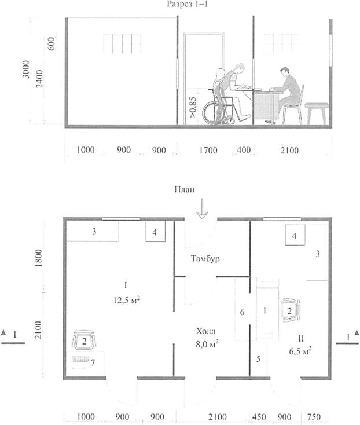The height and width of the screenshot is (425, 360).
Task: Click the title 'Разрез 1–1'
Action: click(x=187, y=4)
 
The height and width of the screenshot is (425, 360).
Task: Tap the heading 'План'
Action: click(x=184, y=189)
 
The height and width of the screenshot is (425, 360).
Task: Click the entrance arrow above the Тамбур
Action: click(x=202, y=208)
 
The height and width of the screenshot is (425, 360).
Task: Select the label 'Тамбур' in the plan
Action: click(x=205, y=258)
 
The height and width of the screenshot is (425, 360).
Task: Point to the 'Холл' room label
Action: click(x=207, y=331)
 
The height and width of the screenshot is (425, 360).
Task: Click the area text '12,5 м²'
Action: click(x=127, y=299)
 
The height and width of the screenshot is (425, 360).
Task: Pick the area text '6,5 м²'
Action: click(x=300, y=351)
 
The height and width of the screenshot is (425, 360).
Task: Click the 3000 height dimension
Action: click(x=26, y=69)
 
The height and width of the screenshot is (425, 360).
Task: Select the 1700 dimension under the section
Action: click(x=208, y=150)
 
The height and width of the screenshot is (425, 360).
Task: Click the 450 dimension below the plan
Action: click(x=259, y=416)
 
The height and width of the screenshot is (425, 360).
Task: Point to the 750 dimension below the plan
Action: click(x=314, y=416)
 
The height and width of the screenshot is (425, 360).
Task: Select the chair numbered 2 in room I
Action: click(x=84, y=339)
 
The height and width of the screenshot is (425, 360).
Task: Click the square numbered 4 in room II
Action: click(x=295, y=235)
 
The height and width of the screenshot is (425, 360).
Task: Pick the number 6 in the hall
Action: click(x=242, y=312)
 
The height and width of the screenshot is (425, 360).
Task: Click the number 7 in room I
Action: click(x=93, y=362)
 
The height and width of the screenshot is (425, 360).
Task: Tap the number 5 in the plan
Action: click(x=258, y=359)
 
